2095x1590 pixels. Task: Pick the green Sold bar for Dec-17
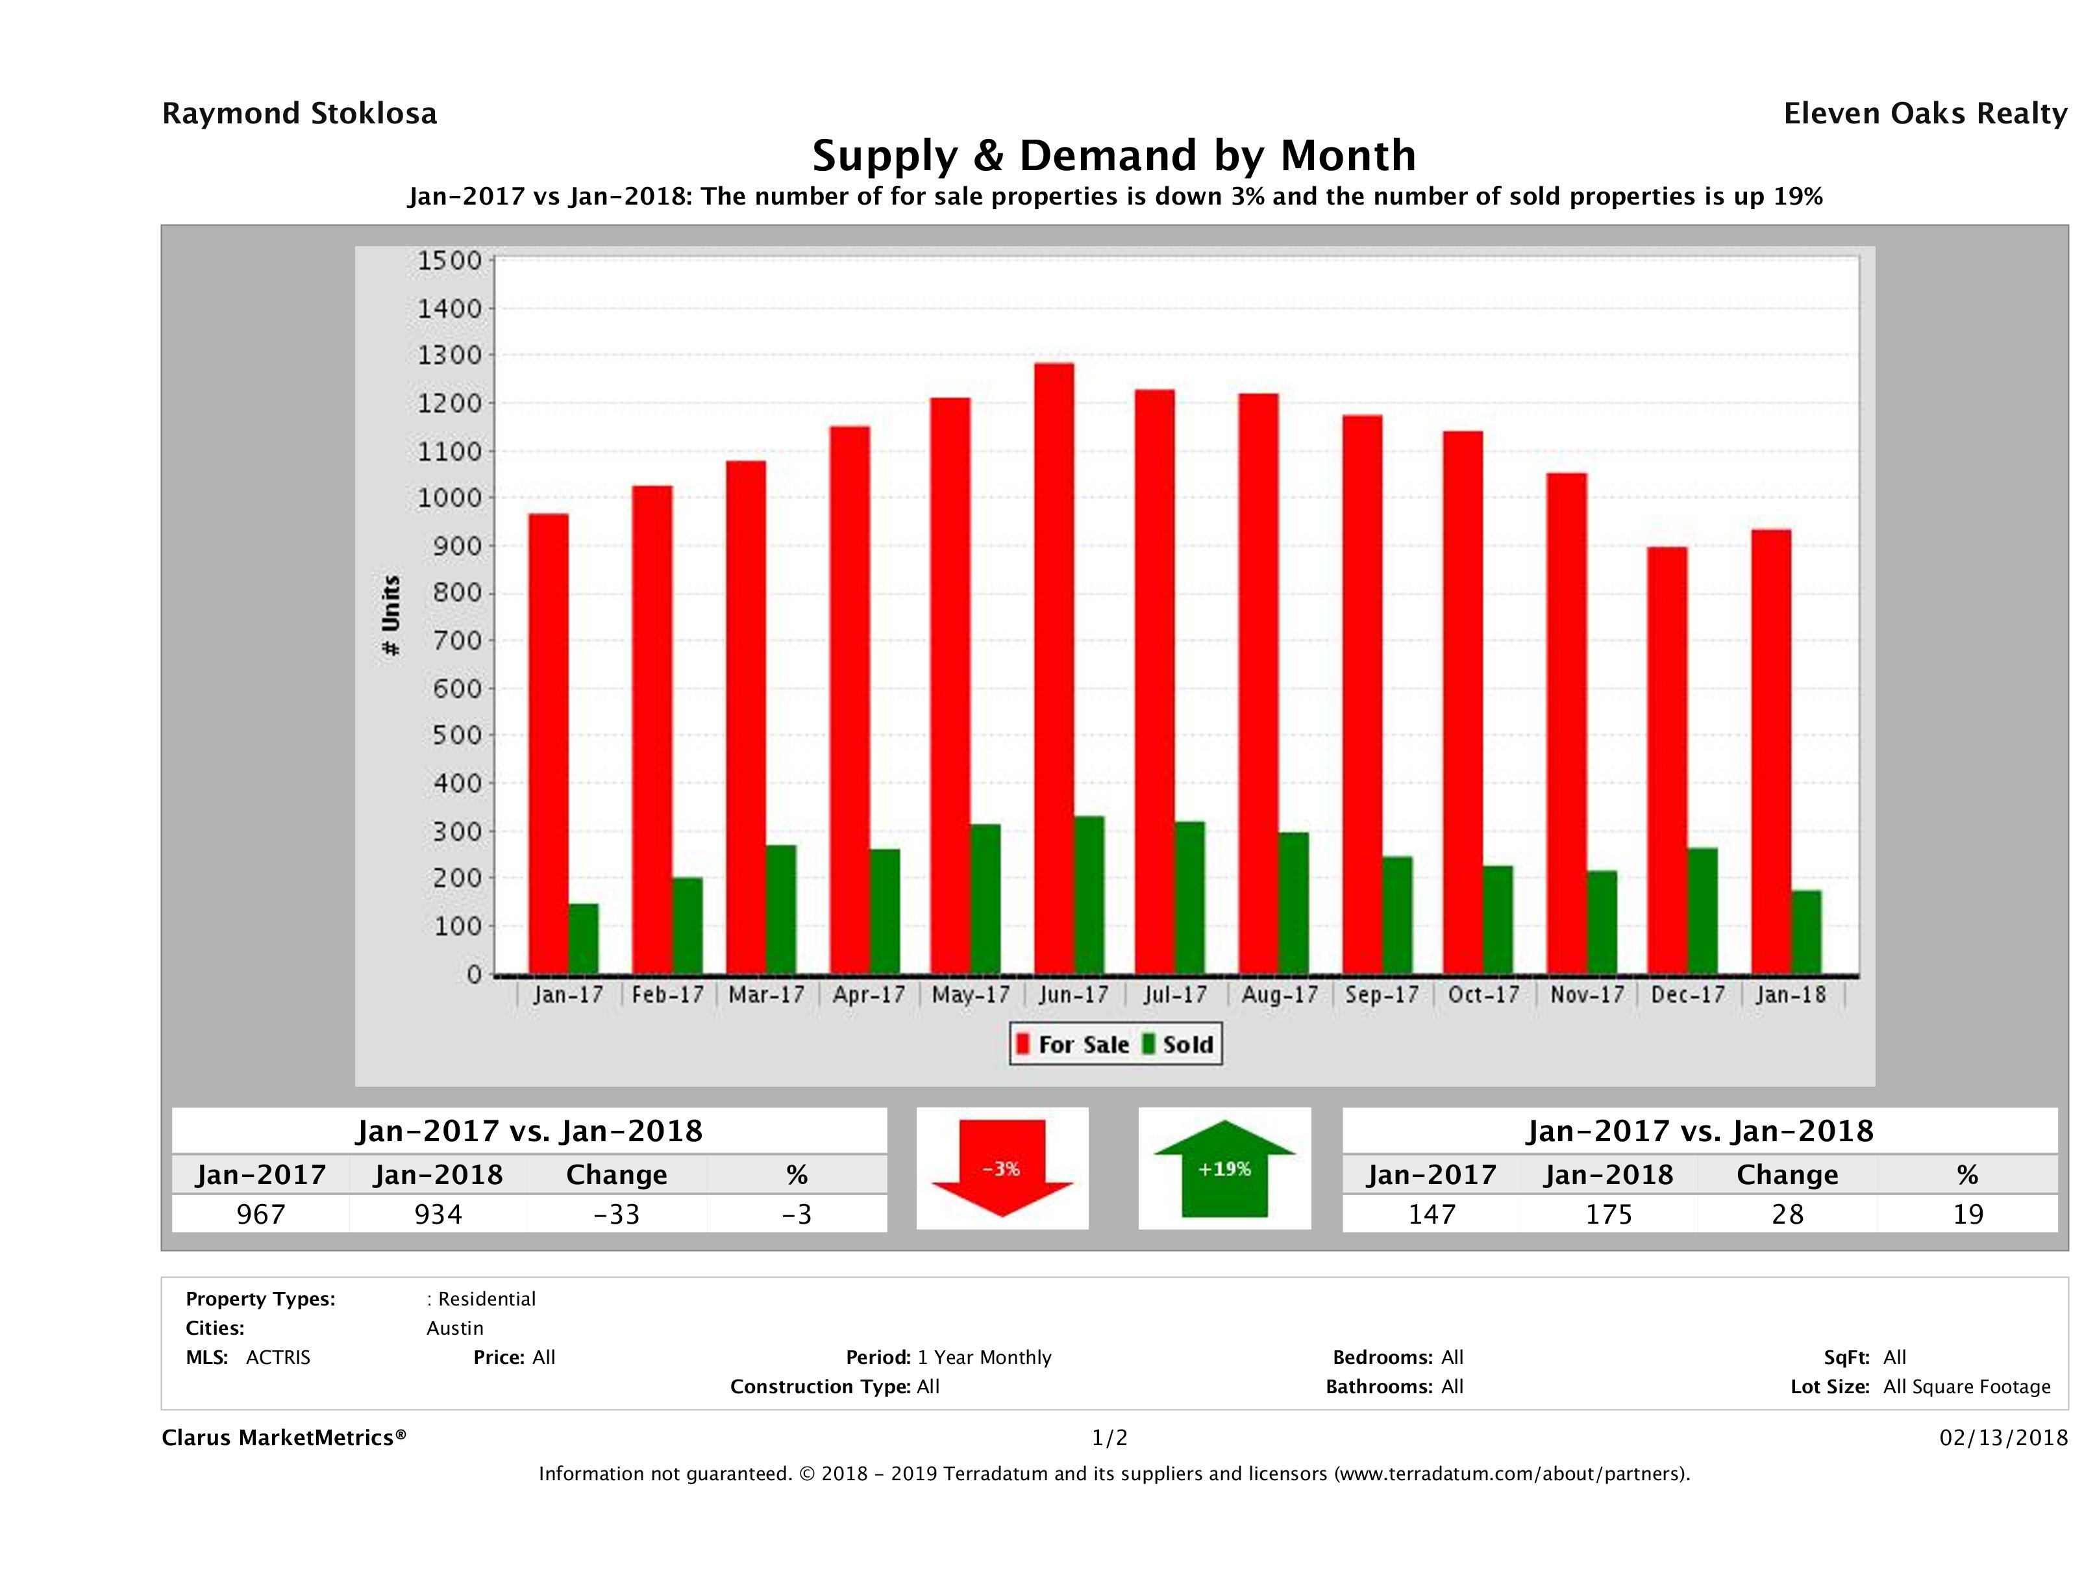[x=1702, y=911]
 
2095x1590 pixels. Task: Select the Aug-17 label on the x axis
[x=1280, y=995]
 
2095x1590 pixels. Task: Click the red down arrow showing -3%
[x=1002, y=1168]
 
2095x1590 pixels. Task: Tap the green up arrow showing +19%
[x=1224, y=1168]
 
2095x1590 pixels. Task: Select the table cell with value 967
[x=260, y=1214]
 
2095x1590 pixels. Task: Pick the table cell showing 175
[x=1609, y=1214]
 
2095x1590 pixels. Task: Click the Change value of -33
[x=617, y=1214]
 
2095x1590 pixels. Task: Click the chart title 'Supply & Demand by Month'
[x=1114, y=155]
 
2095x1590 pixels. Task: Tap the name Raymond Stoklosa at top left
[x=299, y=114]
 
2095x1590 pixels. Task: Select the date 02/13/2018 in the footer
[x=2003, y=1437]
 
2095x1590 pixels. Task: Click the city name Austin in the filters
[x=454, y=1328]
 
